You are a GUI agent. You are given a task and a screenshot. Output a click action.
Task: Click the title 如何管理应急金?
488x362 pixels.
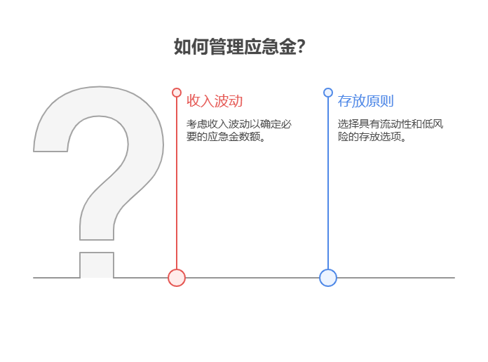[239, 47]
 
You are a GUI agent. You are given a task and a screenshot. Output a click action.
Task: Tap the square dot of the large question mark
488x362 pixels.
[97, 264]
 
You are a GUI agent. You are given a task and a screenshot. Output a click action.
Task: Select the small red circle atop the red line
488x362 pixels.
[177, 93]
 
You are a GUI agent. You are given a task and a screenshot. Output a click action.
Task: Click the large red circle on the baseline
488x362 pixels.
[177, 278]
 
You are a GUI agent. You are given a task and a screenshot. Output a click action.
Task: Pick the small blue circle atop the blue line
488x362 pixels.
[328, 93]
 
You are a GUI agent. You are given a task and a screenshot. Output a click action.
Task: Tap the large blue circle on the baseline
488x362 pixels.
[328, 278]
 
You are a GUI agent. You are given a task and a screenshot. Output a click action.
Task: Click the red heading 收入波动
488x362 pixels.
[215, 101]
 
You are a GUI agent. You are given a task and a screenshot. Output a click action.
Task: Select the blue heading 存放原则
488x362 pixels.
[366, 101]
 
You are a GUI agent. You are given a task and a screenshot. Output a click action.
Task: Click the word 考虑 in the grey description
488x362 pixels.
[196, 124]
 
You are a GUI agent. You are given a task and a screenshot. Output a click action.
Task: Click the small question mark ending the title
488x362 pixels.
[301, 47]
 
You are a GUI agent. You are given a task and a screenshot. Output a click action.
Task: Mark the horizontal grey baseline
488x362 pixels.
[393, 278]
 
